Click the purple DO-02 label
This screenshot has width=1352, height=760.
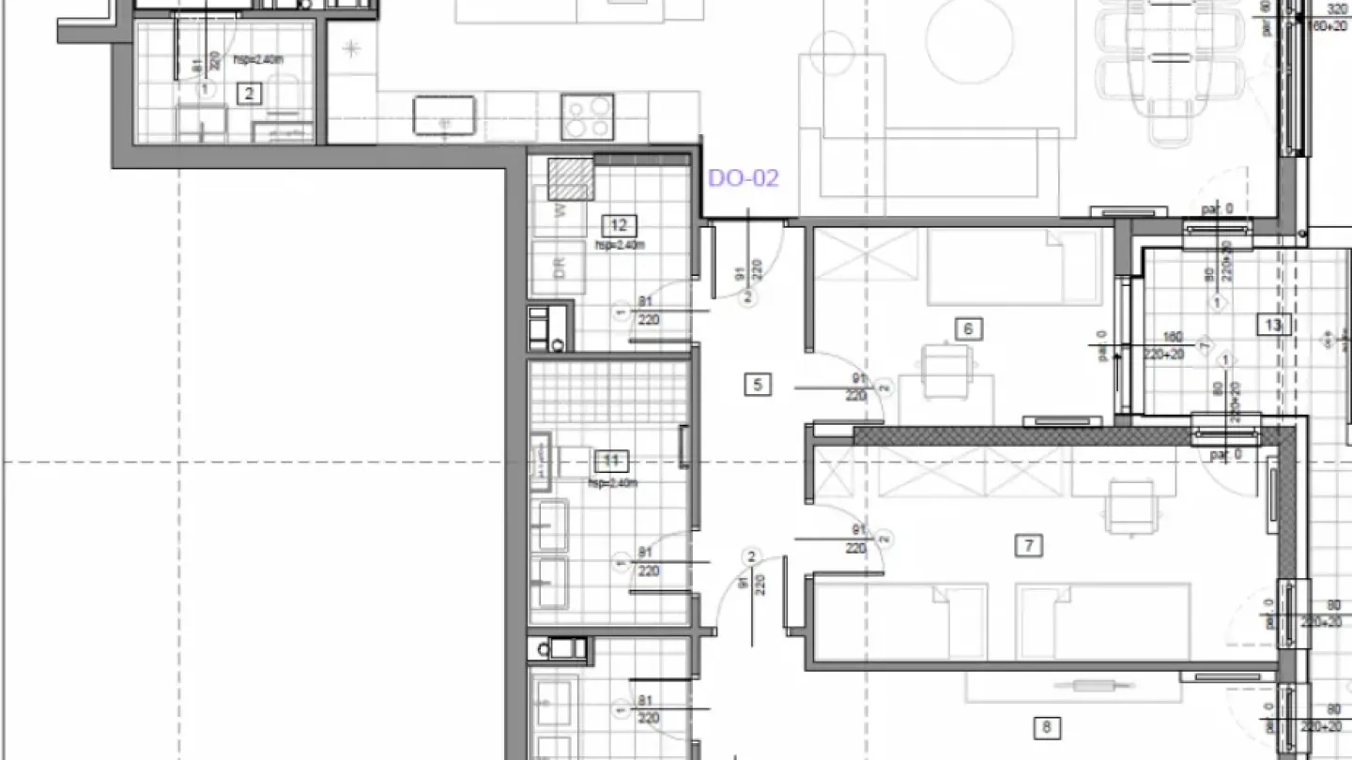[x=743, y=178]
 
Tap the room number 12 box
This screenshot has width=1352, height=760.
[x=619, y=225]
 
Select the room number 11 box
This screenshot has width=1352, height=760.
[x=611, y=461]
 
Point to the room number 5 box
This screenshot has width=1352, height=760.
[x=758, y=384]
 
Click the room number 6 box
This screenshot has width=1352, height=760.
[x=968, y=328]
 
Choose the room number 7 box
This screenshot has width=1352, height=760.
[x=1030, y=545]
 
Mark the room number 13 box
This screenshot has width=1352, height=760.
[x=1273, y=326]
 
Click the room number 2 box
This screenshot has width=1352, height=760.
[x=249, y=93]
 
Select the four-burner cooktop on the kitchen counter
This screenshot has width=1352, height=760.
[x=588, y=116]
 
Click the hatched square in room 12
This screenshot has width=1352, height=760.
[x=572, y=178]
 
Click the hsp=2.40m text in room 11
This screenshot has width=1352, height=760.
[x=611, y=483]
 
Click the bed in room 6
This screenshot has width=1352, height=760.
[x=1014, y=267]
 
